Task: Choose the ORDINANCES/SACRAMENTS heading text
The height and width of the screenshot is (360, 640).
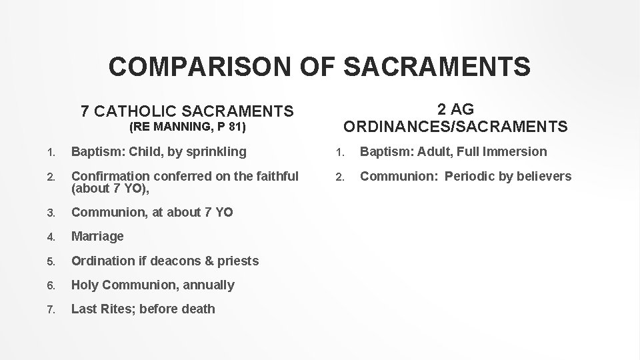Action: (455, 126)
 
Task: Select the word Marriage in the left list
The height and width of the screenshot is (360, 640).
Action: (97, 236)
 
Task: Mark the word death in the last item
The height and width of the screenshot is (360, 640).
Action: (198, 309)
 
